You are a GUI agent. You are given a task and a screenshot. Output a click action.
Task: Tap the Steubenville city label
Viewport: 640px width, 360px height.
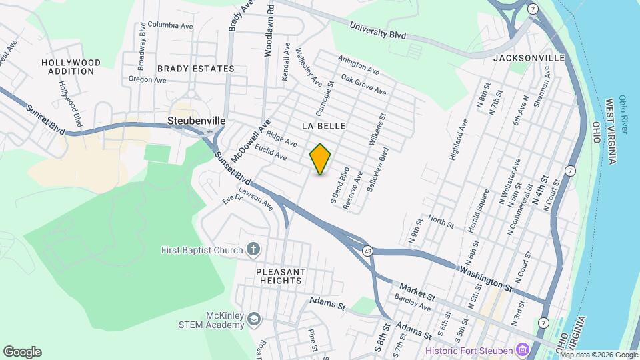[x=196, y=121]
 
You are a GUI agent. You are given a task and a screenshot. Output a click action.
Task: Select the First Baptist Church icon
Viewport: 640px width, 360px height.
[x=253, y=250]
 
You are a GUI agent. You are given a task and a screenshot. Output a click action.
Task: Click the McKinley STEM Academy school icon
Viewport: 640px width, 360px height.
[x=253, y=320]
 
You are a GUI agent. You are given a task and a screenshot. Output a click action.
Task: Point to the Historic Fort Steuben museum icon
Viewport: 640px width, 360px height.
[x=523, y=350]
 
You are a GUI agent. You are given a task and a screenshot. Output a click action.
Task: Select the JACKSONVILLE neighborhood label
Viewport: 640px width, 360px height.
[x=529, y=58]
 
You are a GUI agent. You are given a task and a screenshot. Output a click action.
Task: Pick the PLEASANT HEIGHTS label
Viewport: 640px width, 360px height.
[x=281, y=276]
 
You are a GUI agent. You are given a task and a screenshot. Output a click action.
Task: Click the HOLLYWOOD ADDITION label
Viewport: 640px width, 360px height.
[x=71, y=67]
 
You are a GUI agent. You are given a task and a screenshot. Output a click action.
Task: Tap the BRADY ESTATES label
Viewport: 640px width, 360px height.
[x=196, y=69]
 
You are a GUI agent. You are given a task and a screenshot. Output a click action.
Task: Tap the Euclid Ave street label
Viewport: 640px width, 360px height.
[x=272, y=154]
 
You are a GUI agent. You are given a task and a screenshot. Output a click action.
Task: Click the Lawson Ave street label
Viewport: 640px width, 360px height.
[x=256, y=197]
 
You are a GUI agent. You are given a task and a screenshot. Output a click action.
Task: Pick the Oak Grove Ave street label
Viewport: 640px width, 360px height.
[x=363, y=85]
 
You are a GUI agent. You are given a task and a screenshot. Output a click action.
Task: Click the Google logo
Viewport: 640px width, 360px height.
[x=22, y=351]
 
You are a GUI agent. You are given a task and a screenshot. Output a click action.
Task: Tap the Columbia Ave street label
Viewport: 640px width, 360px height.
[x=170, y=25]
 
